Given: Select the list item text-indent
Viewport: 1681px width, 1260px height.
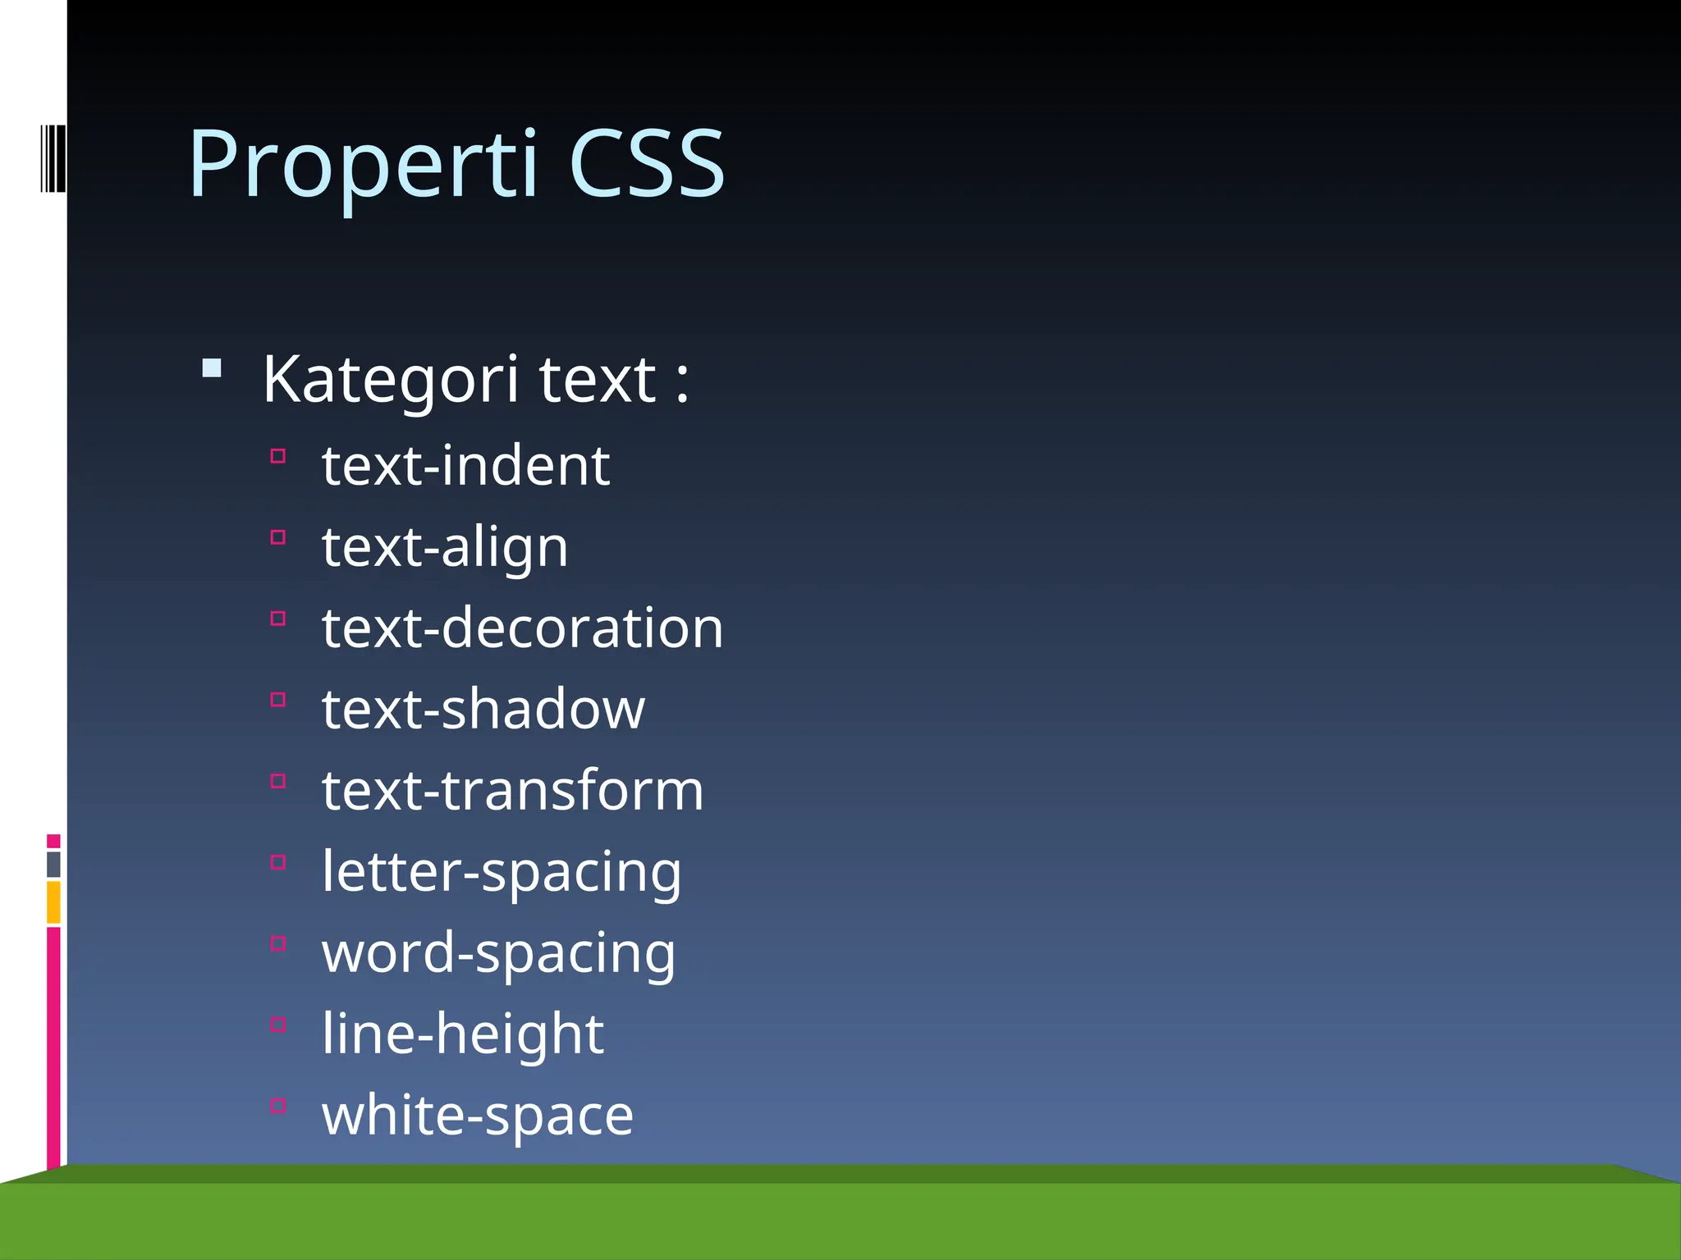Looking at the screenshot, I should point(465,465).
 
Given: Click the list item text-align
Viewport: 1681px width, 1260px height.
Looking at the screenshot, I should point(445,546).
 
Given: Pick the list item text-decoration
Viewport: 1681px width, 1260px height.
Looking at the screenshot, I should point(522,628).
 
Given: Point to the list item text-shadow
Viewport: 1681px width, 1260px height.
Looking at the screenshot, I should point(483,709).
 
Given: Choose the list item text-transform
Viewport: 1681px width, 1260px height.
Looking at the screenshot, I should point(512,790).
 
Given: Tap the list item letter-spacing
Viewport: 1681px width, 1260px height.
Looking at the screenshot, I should point(501,871).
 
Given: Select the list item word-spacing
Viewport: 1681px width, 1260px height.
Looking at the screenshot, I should point(498,952).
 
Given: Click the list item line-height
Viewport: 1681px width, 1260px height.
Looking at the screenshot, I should point(463,1034).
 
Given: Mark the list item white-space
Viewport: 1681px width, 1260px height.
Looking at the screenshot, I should point(478,1115).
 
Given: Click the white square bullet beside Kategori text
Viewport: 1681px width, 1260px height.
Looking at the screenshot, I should point(212,367).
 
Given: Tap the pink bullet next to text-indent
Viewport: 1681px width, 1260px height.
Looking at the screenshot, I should point(278,456).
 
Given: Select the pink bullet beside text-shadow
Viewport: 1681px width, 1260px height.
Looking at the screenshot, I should point(278,700).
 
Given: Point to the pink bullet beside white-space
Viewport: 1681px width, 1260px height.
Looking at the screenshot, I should point(278,1106).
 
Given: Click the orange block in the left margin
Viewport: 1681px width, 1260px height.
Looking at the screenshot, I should point(53,902).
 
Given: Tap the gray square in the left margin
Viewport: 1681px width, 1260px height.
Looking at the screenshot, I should point(53,864).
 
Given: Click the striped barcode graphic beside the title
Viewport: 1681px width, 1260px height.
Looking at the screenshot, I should point(53,158).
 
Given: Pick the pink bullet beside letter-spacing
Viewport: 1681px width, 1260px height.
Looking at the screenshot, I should point(278,862).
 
